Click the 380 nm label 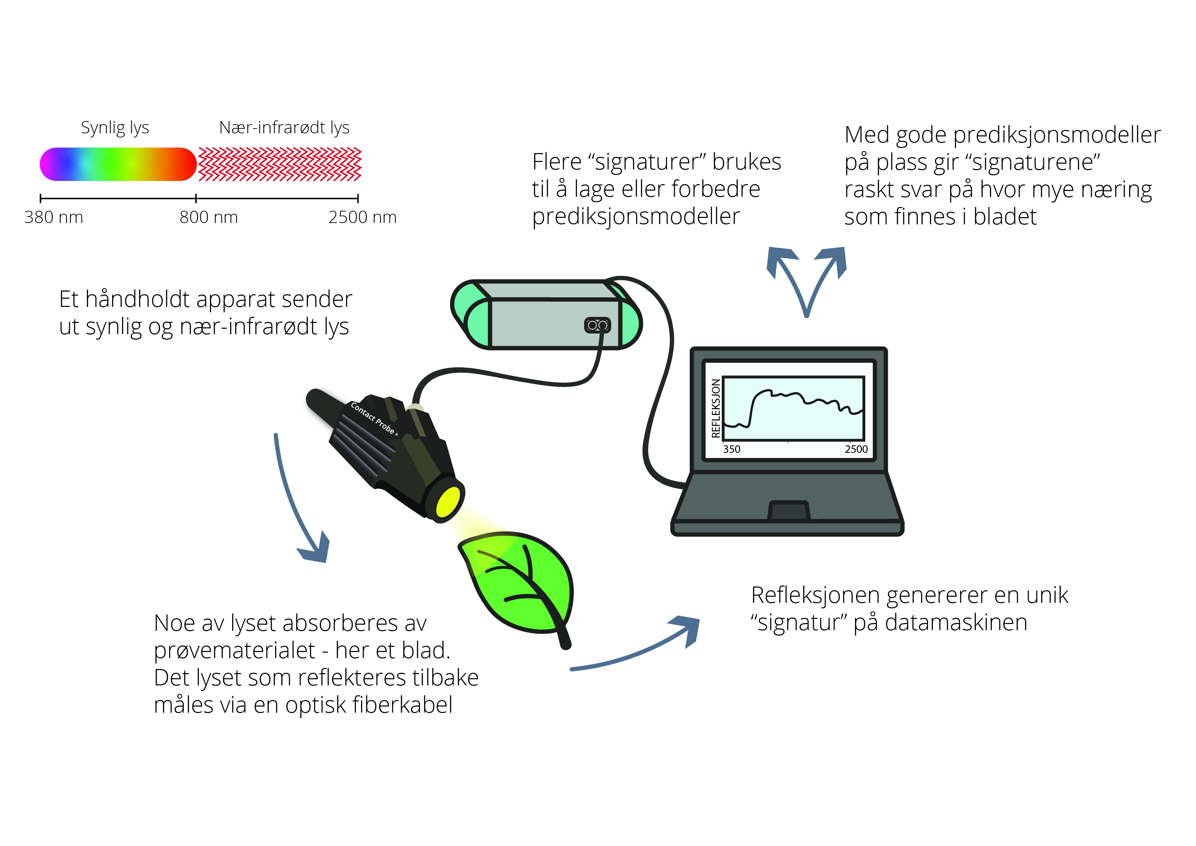(54, 217)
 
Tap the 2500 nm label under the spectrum (362, 217)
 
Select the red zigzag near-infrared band (280, 164)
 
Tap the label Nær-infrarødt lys (284, 128)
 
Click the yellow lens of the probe (448, 502)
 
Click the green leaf (516, 583)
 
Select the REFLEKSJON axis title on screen (716, 409)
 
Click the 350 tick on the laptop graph (731, 449)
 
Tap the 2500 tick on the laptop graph (856, 449)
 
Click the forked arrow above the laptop (806, 281)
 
